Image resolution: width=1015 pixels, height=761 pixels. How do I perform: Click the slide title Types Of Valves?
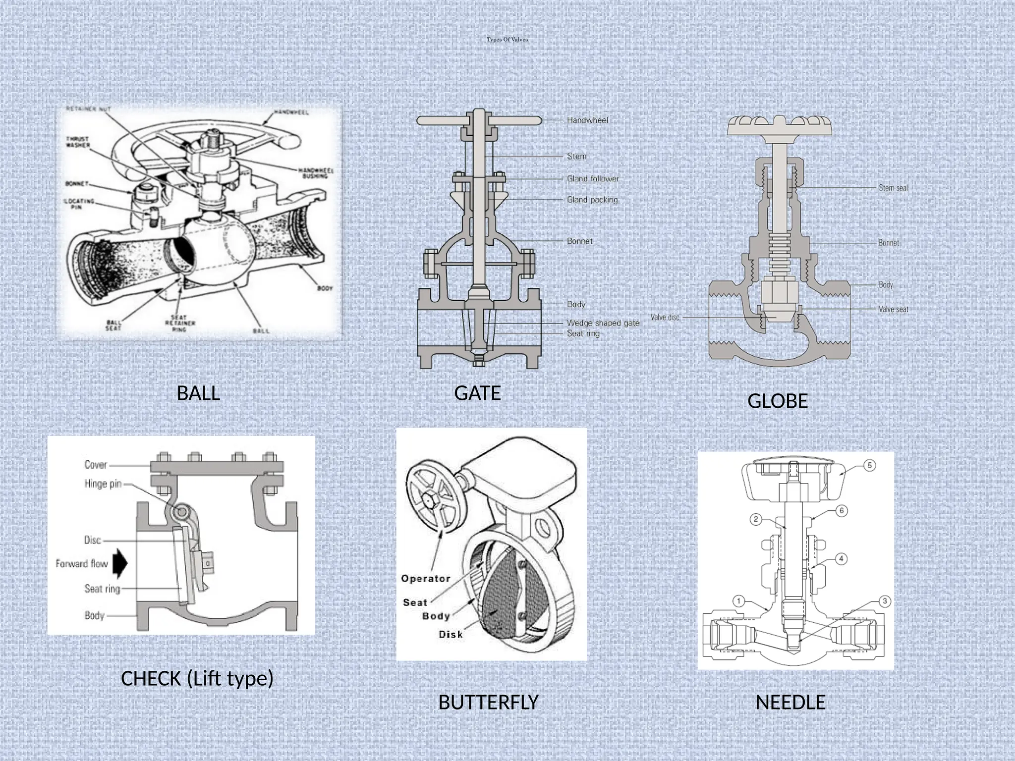(507, 40)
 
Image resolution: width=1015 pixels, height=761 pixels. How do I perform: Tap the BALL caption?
(198, 393)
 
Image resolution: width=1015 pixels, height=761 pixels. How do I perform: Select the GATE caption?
(477, 393)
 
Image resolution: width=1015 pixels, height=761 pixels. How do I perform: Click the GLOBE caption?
(777, 401)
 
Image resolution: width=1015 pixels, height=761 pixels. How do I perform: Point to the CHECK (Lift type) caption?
(197, 678)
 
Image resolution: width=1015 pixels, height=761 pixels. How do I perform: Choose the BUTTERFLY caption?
(488, 702)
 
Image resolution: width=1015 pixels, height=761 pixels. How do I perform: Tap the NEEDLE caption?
(790, 702)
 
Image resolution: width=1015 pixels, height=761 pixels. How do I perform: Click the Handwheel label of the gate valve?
(587, 120)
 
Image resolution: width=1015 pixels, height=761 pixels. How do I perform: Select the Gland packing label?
(592, 200)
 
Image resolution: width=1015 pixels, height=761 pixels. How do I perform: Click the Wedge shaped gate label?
(603, 323)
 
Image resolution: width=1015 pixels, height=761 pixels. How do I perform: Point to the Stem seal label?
(893, 188)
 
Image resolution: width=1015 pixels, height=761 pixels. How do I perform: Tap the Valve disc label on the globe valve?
(665, 317)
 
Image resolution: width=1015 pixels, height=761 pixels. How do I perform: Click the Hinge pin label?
(103, 484)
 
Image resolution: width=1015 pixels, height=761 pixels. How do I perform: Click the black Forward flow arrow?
(120, 563)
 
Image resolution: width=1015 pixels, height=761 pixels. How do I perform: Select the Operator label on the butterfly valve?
(425, 578)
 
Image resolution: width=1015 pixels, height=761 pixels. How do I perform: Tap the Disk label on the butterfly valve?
(450, 634)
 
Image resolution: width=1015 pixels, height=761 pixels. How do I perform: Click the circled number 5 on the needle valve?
(869, 465)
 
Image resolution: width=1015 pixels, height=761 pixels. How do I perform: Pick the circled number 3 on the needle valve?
(885, 601)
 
